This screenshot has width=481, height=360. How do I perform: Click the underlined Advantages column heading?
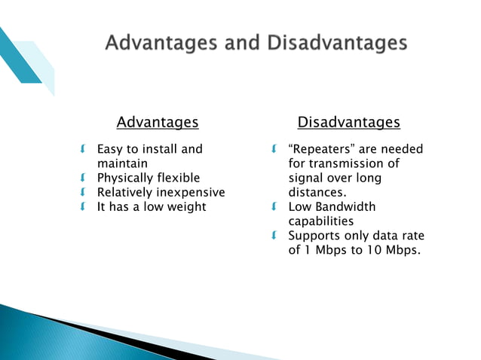coord(158,122)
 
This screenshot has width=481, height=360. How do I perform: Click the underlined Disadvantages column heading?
coord(348,122)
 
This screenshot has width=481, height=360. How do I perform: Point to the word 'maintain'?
coord(122,163)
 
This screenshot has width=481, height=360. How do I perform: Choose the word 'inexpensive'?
coord(191,192)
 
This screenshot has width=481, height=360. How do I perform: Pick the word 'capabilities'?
coord(320,221)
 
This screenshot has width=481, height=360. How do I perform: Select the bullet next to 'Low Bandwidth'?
coord(276,206)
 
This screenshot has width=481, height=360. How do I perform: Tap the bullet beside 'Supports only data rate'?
coord(276,235)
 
